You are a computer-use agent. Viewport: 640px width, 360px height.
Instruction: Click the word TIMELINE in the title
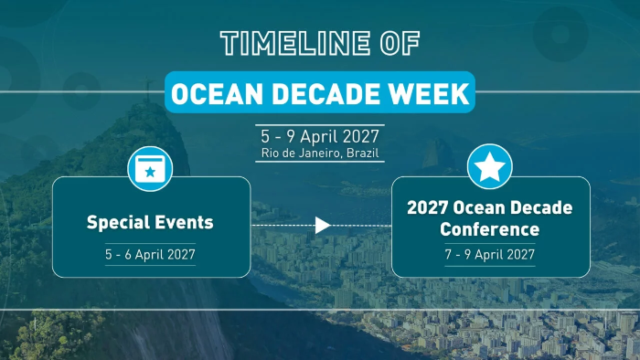click(295, 43)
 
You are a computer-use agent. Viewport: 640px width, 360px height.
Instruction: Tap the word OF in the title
click(400, 43)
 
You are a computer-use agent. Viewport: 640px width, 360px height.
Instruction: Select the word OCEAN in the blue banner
click(218, 94)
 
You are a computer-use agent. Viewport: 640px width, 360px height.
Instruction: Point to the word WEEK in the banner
click(428, 94)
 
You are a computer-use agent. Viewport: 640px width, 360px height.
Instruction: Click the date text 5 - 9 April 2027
click(320, 136)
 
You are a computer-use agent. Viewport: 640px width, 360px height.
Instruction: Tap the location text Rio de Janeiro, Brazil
click(320, 154)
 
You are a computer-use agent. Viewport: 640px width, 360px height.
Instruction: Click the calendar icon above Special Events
click(150, 169)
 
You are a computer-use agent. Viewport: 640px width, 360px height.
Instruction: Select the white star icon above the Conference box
click(489, 166)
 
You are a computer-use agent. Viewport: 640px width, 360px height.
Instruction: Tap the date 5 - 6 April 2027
click(150, 254)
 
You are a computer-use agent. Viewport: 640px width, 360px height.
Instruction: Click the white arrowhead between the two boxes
click(323, 225)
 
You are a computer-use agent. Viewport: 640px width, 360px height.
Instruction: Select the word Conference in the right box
click(489, 229)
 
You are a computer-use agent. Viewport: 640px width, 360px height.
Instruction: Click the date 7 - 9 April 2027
click(490, 254)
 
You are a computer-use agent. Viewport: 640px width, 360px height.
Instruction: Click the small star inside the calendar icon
click(150, 172)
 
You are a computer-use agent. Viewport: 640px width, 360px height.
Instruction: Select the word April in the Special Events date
click(149, 255)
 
